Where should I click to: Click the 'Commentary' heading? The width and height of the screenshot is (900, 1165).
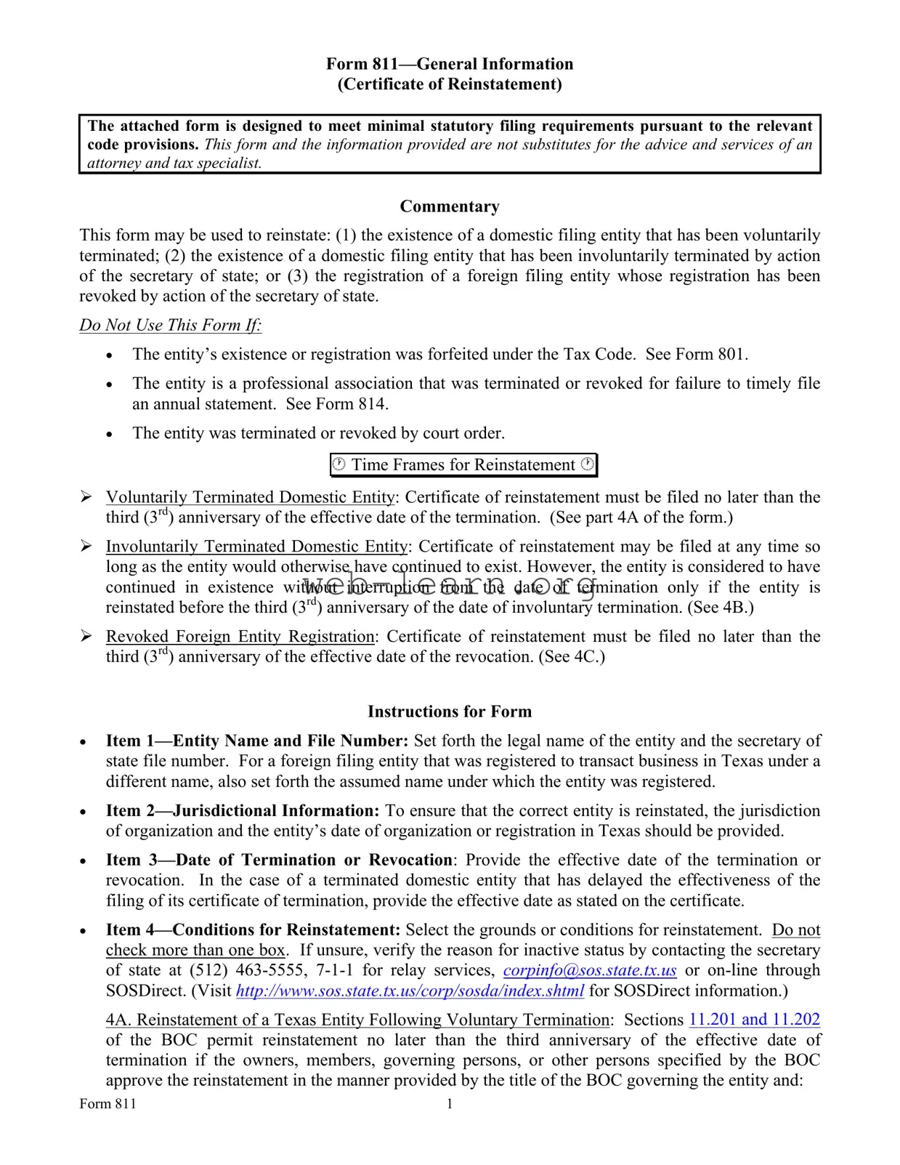[x=450, y=207]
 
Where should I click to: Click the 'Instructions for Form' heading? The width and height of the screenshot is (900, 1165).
[x=450, y=712]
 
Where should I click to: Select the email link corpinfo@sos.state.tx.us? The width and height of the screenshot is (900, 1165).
[x=590, y=971]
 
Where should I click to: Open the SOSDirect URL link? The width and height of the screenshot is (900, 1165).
[x=410, y=991]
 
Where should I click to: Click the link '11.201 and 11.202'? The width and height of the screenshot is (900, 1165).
[x=754, y=1020]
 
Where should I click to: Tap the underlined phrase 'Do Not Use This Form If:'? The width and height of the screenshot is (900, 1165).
[x=171, y=326]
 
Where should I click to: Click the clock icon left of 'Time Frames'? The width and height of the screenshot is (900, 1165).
[x=339, y=464]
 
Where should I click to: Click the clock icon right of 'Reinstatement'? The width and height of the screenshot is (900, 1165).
[x=587, y=464]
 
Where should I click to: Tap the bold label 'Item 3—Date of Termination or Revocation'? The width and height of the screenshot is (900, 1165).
[x=280, y=860]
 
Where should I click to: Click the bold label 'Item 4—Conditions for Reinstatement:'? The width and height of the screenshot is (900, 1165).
[x=254, y=930]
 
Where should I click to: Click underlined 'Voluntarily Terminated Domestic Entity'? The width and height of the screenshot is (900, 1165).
[x=251, y=498]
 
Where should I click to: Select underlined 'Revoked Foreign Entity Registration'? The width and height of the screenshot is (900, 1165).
[x=240, y=637]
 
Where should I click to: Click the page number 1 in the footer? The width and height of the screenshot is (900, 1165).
[x=450, y=1105]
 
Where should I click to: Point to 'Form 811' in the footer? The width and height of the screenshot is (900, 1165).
[x=108, y=1105]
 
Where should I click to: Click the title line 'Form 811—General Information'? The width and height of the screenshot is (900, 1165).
[x=450, y=65]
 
